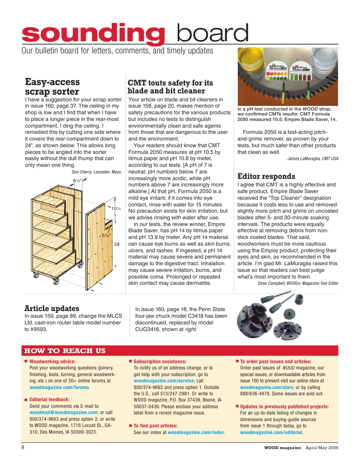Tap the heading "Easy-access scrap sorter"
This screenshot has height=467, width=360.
pyautogui.click(x=52, y=86)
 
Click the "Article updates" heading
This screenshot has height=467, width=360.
pyautogui.click(x=52, y=309)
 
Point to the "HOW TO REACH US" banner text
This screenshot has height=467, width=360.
pyautogui.click(x=65, y=351)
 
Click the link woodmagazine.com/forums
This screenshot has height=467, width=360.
pyautogui.click(x=59, y=387)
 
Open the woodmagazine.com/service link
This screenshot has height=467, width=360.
pyautogui.click(x=164, y=381)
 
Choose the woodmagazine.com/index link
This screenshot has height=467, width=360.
pyautogui.click(x=196, y=432)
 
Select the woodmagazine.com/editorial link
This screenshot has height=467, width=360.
pyautogui.click(x=271, y=432)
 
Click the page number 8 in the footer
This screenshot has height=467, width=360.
pyautogui.click(x=23, y=448)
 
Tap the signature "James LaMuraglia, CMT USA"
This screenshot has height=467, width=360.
pyautogui.click(x=312, y=158)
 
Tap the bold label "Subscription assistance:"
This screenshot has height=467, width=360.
pyautogui.click(x=160, y=362)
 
